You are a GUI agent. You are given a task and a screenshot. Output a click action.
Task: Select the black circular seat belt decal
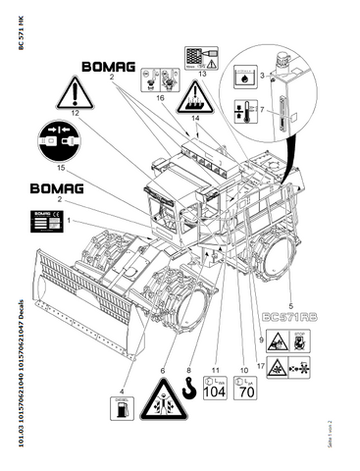click(x=65, y=141)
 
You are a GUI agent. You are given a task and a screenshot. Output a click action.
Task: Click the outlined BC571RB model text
click(x=297, y=317)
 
